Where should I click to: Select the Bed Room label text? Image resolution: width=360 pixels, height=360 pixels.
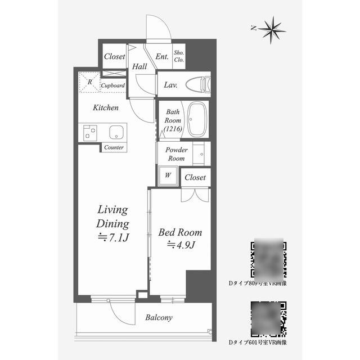tap(180, 232)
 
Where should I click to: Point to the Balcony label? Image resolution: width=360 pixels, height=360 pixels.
tap(159, 318)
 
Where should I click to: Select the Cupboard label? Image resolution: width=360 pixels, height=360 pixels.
tap(112, 86)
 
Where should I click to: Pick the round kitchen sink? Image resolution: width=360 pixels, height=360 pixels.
tap(116, 133)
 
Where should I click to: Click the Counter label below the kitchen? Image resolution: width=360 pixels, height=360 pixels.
tap(114, 147)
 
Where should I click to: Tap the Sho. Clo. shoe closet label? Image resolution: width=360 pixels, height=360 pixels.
tap(179, 57)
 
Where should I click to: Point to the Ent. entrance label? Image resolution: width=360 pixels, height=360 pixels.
tap(162, 57)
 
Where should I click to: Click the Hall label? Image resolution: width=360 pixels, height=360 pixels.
tap(139, 67)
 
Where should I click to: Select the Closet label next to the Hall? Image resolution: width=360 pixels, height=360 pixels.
tap(115, 57)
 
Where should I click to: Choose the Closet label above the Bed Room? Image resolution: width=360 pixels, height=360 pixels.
tap(195, 178)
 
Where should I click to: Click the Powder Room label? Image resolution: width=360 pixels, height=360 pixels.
tap(176, 154)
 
